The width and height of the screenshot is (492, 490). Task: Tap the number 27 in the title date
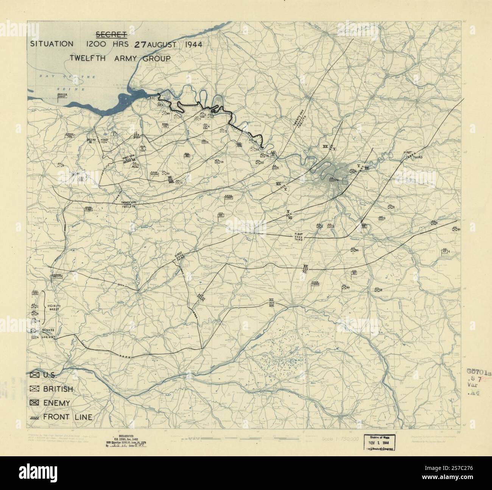140,44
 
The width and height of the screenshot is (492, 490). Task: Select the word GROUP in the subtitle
155,58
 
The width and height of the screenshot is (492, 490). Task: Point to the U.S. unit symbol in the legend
35,375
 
